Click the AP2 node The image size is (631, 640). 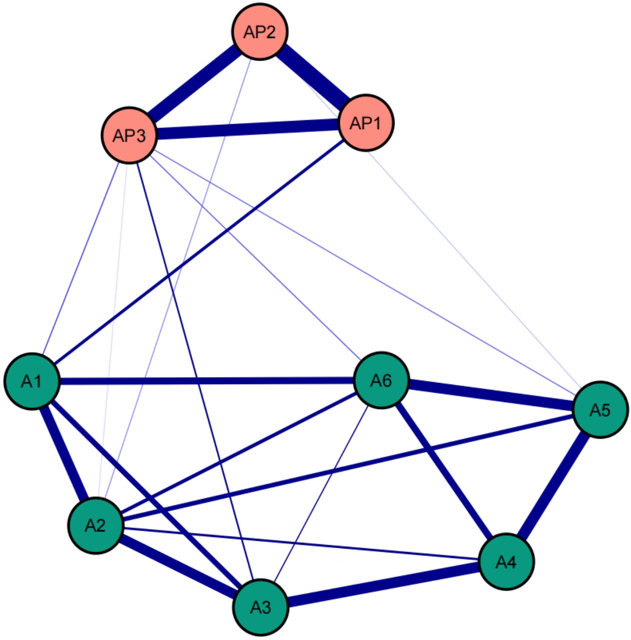coord(259,32)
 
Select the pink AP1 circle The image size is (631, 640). coord(365,123)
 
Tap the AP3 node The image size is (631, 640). coord(129,135)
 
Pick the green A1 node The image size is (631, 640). coord(32,381)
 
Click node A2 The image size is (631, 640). coord(96,525)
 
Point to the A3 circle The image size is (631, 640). coord(261,607)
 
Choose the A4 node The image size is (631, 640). coord(506,562)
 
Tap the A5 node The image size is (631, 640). coord(600,410)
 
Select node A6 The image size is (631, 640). coord(381,380)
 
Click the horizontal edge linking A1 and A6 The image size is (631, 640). coord(205,381)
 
